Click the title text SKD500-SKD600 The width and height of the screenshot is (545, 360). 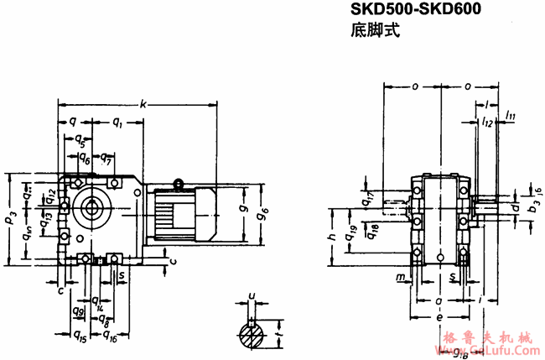pyautogui.click(x=413, y=12)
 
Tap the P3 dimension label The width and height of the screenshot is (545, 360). pyautogui.click(x=9, y=220)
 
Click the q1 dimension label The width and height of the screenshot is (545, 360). pyautogui.click(x=116, y=123)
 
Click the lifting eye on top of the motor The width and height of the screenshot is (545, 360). pyautogui.click(x=178, y=183)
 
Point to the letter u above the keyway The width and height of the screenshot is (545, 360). pyautogui.click(x=252, y=295)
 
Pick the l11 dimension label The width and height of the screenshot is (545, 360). pyautogui.click(x=511, y=114)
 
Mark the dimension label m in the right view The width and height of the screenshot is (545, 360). pyautogui.click(x=401, y=276)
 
